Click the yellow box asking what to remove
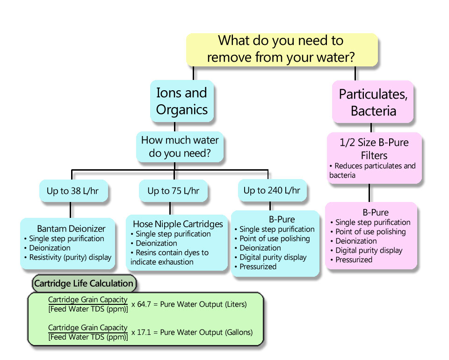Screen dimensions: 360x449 click(x=282, y=49)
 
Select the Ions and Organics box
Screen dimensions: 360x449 click(x=182, y=101)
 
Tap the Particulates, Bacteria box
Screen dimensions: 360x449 click(x=373, y=102)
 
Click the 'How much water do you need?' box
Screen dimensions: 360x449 click(x=180, y=146)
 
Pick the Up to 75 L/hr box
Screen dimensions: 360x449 click(x=173, y=191)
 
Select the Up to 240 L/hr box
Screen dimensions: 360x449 click(x=272, y=190)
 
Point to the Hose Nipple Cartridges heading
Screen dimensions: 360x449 click(x=178, y=224)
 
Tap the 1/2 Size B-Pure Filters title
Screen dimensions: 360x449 click(x=374, y=149)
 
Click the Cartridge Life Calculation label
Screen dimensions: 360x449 click(x=84, y=283)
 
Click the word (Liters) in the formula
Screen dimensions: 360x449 click(x=234, y=304)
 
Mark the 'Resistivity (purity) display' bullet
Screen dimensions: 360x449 click(x=70, y=257)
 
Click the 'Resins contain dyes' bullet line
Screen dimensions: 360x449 click(x=172, y=252)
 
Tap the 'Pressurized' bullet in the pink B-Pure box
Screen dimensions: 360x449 click(x=354, y=259)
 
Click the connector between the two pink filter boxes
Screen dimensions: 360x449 click(x=369, y=193)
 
